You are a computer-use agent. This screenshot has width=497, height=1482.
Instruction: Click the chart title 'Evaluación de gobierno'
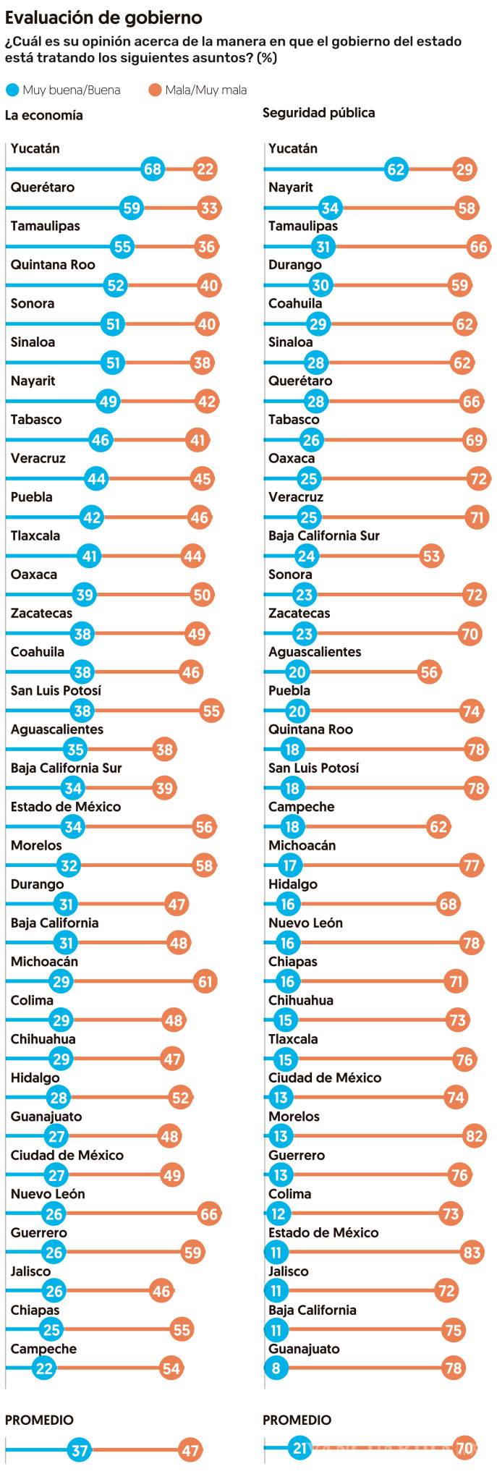(103, 17)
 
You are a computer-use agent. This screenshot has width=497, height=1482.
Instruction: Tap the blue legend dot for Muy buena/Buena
(12, 90)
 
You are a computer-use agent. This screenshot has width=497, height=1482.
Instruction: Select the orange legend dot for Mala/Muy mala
(155, 90)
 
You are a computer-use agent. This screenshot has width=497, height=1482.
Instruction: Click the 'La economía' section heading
(44, 115)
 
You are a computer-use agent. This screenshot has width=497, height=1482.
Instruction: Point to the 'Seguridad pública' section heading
(318, 113)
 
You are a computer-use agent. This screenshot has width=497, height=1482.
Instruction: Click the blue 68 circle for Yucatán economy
(153, 169)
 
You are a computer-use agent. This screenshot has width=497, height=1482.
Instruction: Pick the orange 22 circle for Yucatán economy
(205, 169)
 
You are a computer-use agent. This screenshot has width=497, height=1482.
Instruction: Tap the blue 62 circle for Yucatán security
(396, 169)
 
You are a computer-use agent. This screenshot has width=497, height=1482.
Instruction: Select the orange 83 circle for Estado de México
(472, 1253)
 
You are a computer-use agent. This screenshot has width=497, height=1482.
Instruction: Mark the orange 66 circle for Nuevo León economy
(209, 1214)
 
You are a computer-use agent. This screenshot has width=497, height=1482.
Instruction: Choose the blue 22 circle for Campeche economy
(44, 1368)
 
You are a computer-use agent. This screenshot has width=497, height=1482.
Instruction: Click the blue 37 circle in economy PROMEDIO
(80, 1451)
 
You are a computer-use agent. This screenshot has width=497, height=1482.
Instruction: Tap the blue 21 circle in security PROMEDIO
(300, 1449)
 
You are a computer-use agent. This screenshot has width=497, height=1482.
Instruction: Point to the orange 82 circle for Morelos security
(475, 1136)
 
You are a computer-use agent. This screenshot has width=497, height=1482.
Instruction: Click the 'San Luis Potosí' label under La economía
(56, 690)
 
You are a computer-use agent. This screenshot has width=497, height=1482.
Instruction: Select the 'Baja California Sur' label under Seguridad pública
(324, 535)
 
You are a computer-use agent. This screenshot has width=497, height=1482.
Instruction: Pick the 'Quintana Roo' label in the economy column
(53, 265)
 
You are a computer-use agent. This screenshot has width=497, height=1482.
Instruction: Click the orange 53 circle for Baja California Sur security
(431, 556)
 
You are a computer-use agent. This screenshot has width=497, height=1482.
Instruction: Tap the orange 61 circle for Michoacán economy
(206, 981)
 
